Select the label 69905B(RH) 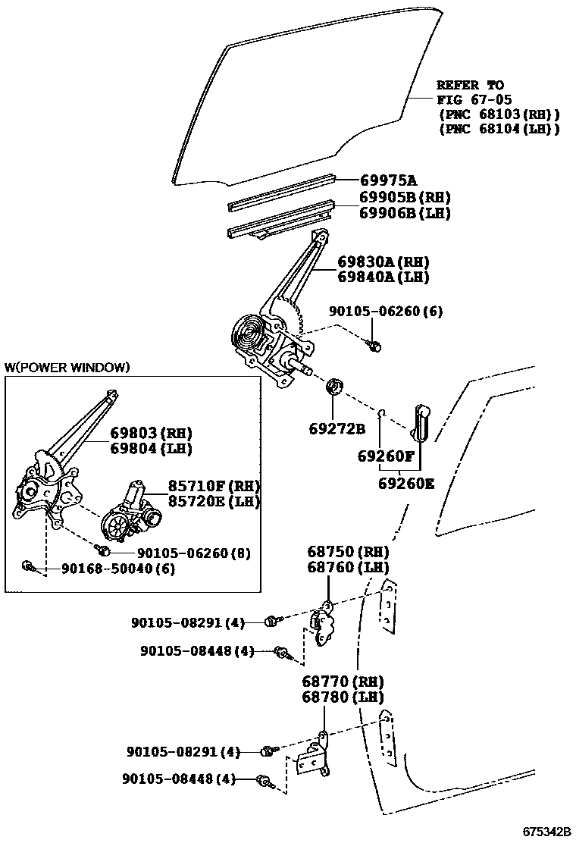tap(394, 199)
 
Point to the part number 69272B tap(337, 429)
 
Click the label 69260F tap(386, 457)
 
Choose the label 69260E tap(406, 483)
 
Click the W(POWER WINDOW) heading tap(67, 368)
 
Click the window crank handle tap(421, 422)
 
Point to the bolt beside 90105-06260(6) tap(374, 345)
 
